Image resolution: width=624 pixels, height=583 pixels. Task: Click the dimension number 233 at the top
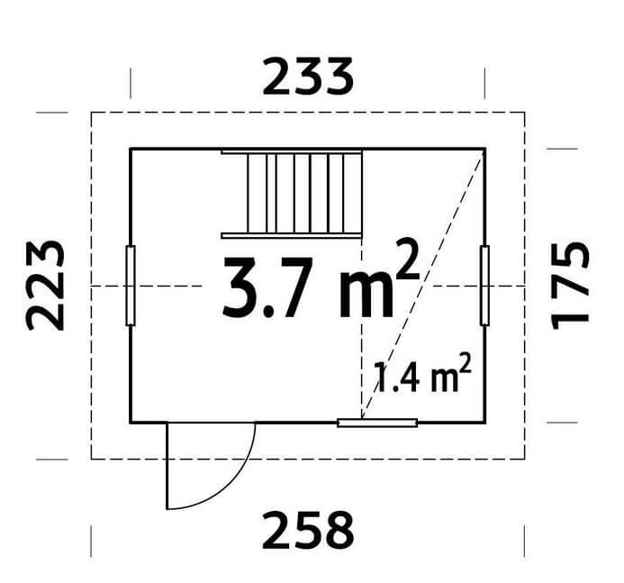308,77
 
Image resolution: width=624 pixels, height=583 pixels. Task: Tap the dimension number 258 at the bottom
308,531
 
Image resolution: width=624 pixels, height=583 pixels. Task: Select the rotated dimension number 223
45,286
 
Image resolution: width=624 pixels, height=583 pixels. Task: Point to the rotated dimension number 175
569,286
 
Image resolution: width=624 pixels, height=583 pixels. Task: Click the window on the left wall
131,286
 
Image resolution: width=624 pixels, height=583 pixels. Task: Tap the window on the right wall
484,286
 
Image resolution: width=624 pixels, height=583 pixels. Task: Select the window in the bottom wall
377,423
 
